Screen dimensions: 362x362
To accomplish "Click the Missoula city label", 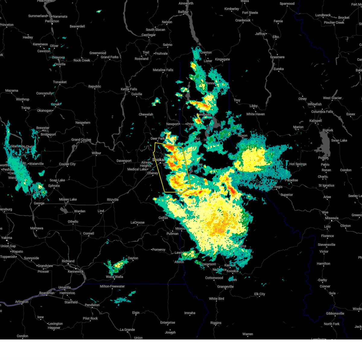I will click(x=332, y=218).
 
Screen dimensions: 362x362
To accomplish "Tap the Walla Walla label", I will click(x=114, y=277).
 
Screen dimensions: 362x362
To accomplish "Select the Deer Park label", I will click(x=157, y=138).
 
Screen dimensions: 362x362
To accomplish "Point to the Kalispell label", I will click(x=316, y=121).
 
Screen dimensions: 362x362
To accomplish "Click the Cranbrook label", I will click(x=243, y=20).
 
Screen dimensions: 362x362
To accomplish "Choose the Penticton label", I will click(x=52, y=21).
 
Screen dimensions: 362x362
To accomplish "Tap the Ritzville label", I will click(x=113, y=200).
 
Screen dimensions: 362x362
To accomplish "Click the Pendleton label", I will click(x=92, y=305).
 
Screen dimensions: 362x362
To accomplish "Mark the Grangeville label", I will click(x=225, y=287).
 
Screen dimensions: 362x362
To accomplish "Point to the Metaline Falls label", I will click(x=163, y=70).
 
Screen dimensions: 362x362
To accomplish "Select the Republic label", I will click(x=95, y=87).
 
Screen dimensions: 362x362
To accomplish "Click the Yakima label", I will click(x=6, y=238).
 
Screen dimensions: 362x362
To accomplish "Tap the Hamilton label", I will click(x=323, y=264).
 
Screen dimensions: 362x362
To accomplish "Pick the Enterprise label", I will click(x=167, y=322).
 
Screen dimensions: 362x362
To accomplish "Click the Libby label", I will click(x=253, y=106).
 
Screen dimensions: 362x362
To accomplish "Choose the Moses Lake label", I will click(x=68, y=199).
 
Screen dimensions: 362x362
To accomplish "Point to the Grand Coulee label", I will click(x=81, y=140).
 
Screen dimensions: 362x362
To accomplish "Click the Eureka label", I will click(x=278, y=69).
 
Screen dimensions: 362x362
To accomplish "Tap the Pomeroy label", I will click(x=159, y=249).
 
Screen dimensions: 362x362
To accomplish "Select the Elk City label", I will click(x=259, y=294).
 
